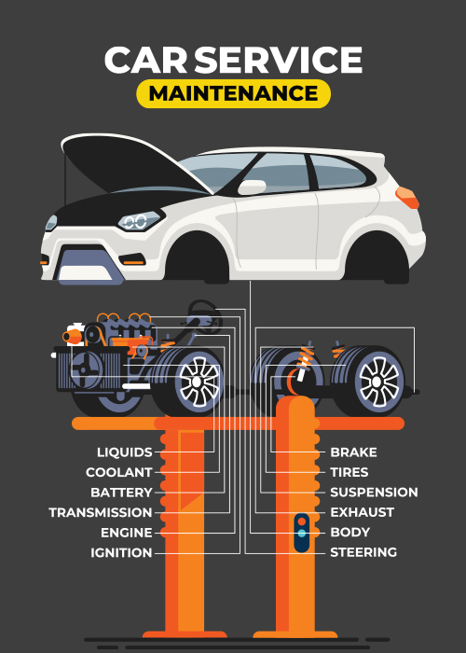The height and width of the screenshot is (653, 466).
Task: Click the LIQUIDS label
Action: tap(124, 452)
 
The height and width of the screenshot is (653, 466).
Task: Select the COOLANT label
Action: tap(119, 472)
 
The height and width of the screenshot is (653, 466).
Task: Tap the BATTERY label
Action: tap(121, 493)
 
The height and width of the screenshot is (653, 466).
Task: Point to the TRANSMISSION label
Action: tap(101, 512)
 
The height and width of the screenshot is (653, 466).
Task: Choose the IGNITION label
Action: tap(121, 552)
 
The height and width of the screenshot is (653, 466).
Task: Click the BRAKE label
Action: tap(353, 452)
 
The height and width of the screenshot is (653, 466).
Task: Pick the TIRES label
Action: tap(349, 472)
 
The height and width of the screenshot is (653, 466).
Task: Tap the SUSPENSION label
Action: tap(374, 493)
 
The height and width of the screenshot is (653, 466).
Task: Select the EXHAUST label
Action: tap(362, 512)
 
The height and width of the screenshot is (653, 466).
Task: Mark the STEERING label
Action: tap(363, 552)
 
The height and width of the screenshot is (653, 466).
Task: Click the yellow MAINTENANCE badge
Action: tap(233, 93)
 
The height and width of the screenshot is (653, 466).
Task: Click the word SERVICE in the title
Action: tap(279, 60)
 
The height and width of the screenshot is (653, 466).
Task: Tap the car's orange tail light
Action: tap(407, 198)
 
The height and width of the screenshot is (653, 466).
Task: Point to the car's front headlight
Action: tap(139, 221)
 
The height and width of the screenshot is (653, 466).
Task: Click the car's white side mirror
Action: tap(252, 188)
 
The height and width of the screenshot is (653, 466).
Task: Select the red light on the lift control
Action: tap(302, 521)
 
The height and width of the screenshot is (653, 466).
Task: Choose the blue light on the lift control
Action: tap(302, 534)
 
